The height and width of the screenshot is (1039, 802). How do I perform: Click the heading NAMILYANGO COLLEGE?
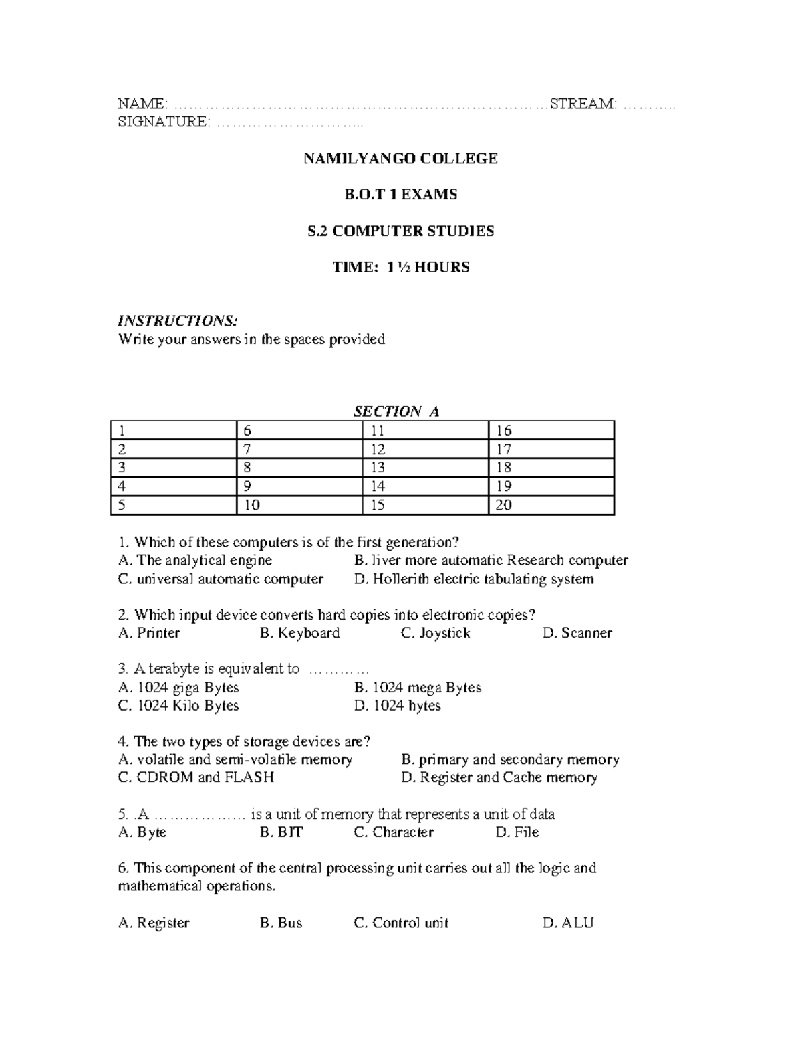[x=400, y=159]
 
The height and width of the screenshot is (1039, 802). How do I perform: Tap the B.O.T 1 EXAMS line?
[x=400, y=195]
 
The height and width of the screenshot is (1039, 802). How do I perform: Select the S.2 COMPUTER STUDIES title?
[x=400, y=231]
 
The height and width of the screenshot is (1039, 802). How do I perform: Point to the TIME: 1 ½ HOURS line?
[x=401, y=268]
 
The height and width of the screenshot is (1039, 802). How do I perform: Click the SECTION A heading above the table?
[x=396, y=411]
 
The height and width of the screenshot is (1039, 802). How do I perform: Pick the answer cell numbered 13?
[x=425, y=468]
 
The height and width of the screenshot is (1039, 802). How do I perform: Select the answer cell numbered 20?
[x=551, y=505]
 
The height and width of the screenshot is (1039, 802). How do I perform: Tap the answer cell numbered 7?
[x=299, y=449]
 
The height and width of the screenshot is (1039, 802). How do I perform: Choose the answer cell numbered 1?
[x=174, y=430]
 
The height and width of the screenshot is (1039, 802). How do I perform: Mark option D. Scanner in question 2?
[x=577, y=633]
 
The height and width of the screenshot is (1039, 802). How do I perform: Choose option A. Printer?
[x=149, y=633]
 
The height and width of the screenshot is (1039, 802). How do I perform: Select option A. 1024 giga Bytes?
[x=178, y=688]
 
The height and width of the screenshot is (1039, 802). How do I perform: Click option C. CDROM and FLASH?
[x=196, y=777]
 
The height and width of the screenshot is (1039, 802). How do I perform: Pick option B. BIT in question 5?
[x=281, y=832]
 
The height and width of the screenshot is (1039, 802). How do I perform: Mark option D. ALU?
[x=568, y=923]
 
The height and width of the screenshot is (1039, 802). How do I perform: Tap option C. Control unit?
[x=401, y=923]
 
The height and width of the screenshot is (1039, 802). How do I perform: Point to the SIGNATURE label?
[x=163, y=122]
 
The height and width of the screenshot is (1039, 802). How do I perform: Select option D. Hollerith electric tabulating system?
[x=474, y=579]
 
